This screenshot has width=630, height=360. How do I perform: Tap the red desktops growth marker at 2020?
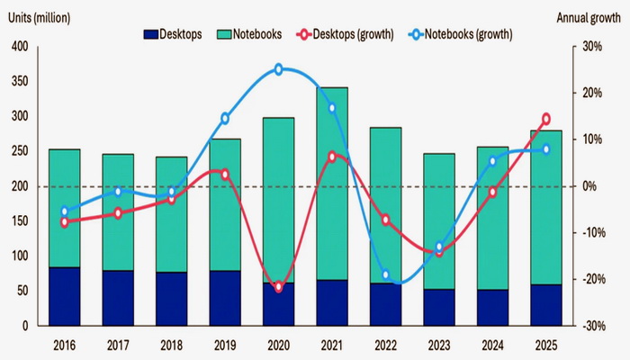pos(278,287)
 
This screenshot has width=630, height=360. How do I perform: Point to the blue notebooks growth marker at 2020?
pos(278,69)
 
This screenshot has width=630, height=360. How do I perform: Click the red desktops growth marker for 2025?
pos(546,119)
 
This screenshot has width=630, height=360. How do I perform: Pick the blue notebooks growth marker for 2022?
pos(386,275)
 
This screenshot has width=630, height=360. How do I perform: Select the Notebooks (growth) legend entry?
pos(459,33)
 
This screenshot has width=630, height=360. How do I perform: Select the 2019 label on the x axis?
pos(225,345)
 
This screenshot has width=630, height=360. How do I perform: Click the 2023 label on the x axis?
pos(439,345)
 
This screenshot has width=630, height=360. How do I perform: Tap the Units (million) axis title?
pos(40,17)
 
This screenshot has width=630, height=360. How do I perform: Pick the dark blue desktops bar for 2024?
pos(493,307)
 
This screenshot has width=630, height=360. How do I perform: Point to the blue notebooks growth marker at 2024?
pos(492,161)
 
